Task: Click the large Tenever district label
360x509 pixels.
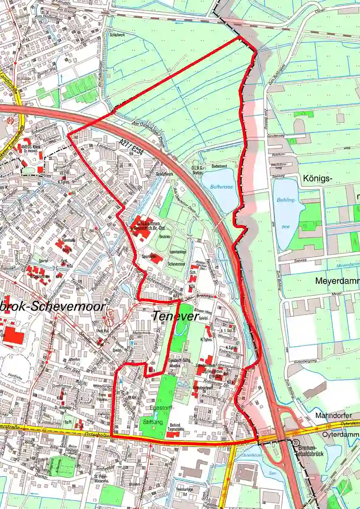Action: [x=176, y=317]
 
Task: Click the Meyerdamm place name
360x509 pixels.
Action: [x=336, y=281]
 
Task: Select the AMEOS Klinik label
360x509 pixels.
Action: [x=31, y=147]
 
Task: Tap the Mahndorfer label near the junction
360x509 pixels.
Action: [x=333, y=415]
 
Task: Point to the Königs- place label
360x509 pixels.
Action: [x=319, y=177]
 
